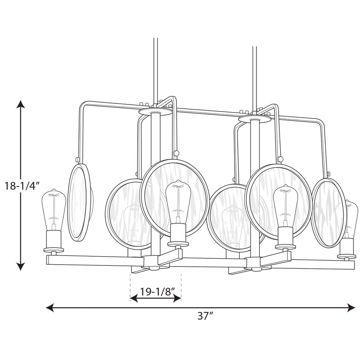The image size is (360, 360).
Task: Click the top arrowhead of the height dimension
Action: pos(21,105)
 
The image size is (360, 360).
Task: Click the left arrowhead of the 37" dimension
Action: pos(50,308)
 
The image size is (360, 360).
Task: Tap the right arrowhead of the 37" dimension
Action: pos(351,308)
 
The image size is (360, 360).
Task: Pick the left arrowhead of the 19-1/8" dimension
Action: pos(134,298)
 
